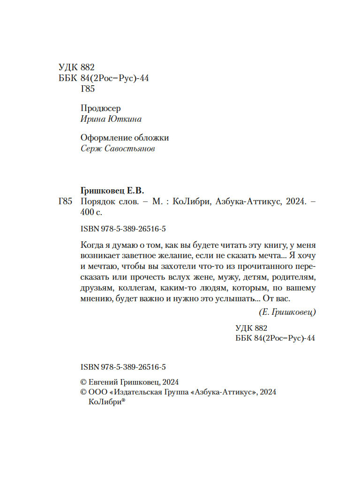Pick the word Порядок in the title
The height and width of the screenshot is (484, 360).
96,202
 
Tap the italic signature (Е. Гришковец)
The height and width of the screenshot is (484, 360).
287,312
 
